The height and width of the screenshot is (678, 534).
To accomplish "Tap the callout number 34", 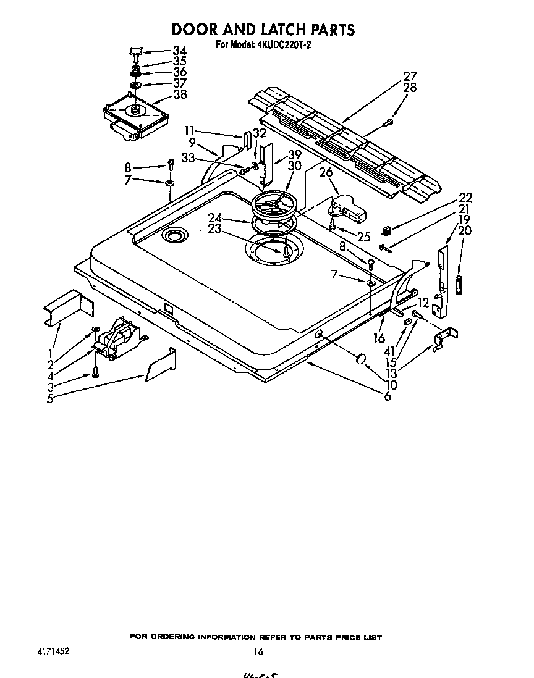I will click(x=179, y=51).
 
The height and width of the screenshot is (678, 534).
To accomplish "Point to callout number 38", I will click(x=180, y=94).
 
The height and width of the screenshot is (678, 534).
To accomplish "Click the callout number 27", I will click(x=410, y=77).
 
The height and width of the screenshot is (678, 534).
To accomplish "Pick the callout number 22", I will click(x=465, y=198).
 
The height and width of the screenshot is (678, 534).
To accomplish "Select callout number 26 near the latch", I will click(x=326, y=173).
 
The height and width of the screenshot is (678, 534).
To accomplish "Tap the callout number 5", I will click(x=49, y=399).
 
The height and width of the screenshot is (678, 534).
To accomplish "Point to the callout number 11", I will click(x=189, y=131).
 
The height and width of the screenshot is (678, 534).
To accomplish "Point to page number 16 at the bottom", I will click(x=258, y=651).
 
